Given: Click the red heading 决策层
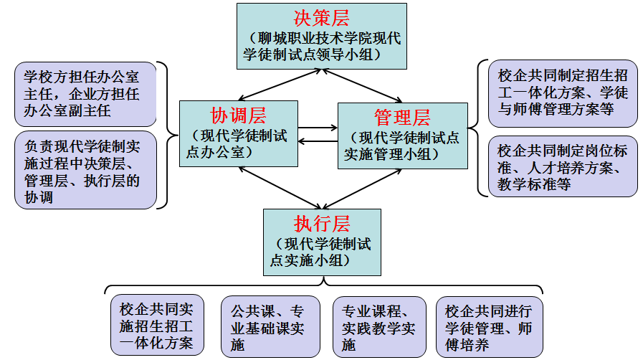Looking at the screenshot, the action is (321, 18).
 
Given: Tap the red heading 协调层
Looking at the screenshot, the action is (238, 115).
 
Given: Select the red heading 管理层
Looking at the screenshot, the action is (402, 118).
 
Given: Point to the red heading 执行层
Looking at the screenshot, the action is (322, 224).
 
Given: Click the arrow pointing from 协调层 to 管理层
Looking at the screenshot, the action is (318, 128).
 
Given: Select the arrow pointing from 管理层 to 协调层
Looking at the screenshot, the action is (318, 141).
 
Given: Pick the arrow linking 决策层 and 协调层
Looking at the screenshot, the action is (280, 85).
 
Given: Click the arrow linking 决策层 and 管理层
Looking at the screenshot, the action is (362, 85).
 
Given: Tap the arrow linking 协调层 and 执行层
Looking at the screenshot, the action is (280, 188).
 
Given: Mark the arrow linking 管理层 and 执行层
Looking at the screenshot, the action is (362, 189).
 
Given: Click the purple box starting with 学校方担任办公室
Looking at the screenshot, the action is (85, 95).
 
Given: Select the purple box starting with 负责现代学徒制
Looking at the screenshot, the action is (85, 170).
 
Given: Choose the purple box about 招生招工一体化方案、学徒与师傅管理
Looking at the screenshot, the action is (563, 93).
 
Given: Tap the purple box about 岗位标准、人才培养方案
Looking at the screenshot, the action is (563, 166).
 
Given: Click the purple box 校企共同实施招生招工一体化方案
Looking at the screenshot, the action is (157, 325).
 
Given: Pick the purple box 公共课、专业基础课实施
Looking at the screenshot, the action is (270, 327).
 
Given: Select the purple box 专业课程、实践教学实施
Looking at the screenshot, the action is (379, 327).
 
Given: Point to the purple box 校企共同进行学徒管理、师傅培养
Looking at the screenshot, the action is (489, 327).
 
